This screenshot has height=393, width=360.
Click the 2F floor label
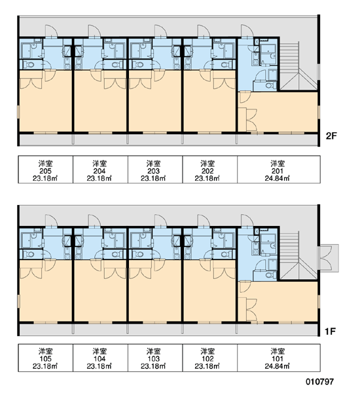coord(331,136)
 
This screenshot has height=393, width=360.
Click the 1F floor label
coord(330,331)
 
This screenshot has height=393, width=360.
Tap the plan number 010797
coord(319,382)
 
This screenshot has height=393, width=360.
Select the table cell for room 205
coord(45,170)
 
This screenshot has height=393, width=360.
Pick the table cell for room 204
coord(100,170)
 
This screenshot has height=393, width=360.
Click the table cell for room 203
coord(155,170)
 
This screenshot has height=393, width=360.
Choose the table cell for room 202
coord(209,170)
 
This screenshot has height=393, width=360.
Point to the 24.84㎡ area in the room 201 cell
coord(277,178)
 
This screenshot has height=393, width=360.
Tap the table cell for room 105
coord(45,358)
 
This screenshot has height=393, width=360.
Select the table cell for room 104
coord(100,358)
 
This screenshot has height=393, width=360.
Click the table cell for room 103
coord(155,358)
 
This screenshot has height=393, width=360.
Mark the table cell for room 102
coord(209,358)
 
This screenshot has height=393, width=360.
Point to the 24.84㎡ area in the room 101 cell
coord(277,366)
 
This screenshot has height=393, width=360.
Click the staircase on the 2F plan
coord(298,65)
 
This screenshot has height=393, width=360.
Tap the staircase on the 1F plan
coord(298,255)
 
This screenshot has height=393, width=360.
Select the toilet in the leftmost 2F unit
coord(29,65)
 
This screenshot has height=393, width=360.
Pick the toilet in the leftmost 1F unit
coord(29,254)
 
